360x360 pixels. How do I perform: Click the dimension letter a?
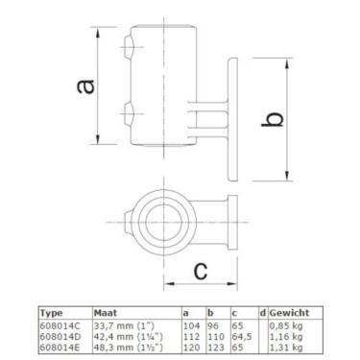pos(85,86)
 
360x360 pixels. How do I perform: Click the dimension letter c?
pos(202,271)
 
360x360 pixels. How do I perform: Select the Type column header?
pos(52,313)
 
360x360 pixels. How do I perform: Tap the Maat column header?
pos(106,313)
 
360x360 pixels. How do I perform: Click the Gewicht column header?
pos(289,313)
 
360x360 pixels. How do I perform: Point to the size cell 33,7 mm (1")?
pos(124,326)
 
